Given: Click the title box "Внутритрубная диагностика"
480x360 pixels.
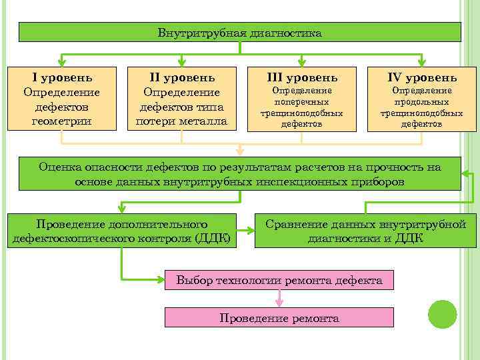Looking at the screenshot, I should [239, 32].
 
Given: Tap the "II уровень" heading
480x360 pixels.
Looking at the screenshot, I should [181, 78].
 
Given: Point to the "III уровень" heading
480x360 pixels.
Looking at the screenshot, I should [302, 78].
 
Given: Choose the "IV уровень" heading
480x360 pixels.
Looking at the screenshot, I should [422, 78].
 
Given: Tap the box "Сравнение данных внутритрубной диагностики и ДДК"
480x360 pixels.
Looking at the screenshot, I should [365, 231].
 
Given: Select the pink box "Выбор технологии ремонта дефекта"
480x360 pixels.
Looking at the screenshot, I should [279, 281].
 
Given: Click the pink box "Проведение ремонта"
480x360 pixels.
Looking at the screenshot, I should [279, 318].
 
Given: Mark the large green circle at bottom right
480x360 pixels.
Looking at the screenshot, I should [441, 314].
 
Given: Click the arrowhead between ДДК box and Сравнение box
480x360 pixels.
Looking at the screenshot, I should [251, 231].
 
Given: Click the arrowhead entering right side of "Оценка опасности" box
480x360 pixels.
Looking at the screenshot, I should [464, 173].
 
